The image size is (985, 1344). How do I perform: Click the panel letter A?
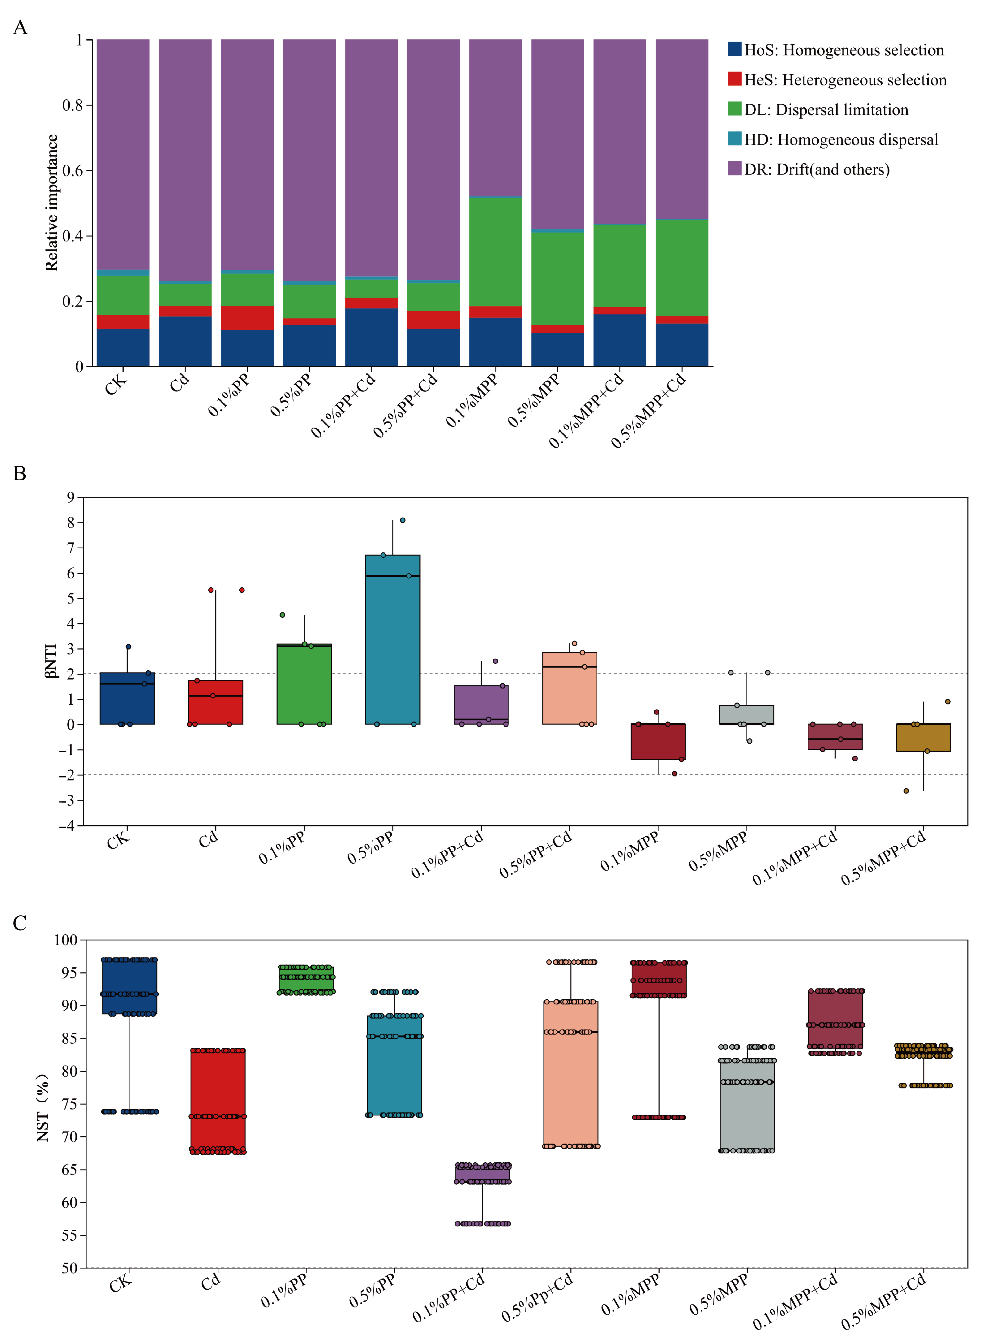pyautogui.click(x=20, y=28)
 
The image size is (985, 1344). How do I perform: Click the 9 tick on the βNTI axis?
pyautogui.click(x=71, y=497)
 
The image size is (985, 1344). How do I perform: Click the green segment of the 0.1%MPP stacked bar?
pyautogui.click(x=495, y=252)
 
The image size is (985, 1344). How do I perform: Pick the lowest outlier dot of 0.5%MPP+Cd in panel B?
pyautogui.click(x=906, y=791)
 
